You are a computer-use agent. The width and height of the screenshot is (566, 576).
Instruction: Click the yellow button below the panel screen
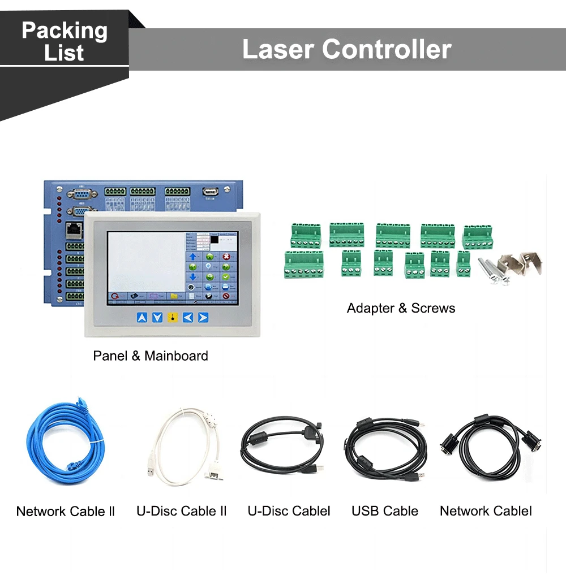[173, 318]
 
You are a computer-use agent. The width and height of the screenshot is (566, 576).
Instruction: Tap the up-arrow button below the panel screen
[142, 318]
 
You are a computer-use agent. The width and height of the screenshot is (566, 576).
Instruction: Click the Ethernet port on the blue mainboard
[72, 229]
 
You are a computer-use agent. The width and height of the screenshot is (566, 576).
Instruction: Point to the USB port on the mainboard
[209, 192]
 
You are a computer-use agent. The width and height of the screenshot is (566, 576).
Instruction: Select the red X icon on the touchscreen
[226, 257]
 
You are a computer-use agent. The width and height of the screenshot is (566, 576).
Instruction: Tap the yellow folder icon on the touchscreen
[174, 296]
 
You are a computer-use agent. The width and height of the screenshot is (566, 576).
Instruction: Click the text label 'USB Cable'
[385, 511]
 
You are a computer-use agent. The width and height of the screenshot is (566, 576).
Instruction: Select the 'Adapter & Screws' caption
[401, 308]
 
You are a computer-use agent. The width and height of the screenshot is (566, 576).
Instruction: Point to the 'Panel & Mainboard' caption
[151, 356]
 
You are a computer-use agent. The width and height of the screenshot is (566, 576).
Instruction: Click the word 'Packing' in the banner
[65, 31]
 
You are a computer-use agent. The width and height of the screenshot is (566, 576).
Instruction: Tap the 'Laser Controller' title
[346, 49]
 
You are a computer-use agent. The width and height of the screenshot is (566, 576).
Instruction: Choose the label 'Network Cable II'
[66, 512]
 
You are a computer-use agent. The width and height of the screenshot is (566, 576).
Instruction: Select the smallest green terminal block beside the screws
[463, 264]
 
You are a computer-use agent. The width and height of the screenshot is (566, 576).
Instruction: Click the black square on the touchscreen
[215, 240]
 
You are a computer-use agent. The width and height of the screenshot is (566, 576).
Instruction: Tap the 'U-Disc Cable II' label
[182, 511]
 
